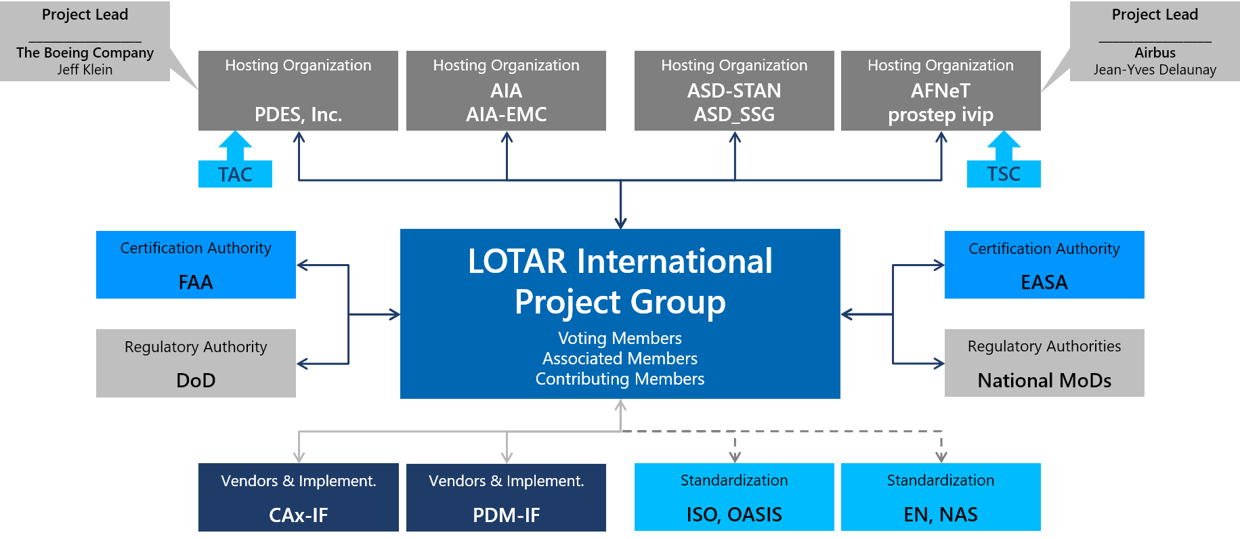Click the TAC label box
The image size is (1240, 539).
[x=235, y=174]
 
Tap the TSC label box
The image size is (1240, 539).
[x=1003, y=174]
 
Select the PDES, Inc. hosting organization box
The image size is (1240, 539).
[x=298, y=91]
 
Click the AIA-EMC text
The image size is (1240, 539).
[x=506, y=114]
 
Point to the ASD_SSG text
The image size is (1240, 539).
[x=734, y=114]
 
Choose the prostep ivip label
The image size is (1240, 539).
[x=941, y=114]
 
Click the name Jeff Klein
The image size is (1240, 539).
[x=85, y=70]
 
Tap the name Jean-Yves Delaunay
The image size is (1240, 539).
[x=1155, y=70]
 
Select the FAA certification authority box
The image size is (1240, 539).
[x=196, y=265]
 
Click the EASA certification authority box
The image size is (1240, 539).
[x=1044, y=265]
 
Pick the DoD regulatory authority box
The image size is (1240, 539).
[x=196, y=363]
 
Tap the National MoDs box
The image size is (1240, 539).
[x=1044, y=363]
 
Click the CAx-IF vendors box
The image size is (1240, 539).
[x=298, y=497]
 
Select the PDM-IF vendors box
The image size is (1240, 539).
[x=506, y=497]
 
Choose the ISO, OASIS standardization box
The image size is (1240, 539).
[x=734, y=497]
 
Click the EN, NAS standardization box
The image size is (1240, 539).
[x=941, y=497]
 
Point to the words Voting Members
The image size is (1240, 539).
[x=620, y=338]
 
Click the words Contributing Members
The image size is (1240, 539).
[x=620, y=379]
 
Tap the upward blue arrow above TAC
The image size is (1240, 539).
[x=235, y=144]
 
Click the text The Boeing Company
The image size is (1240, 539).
[x=85, y=53]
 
